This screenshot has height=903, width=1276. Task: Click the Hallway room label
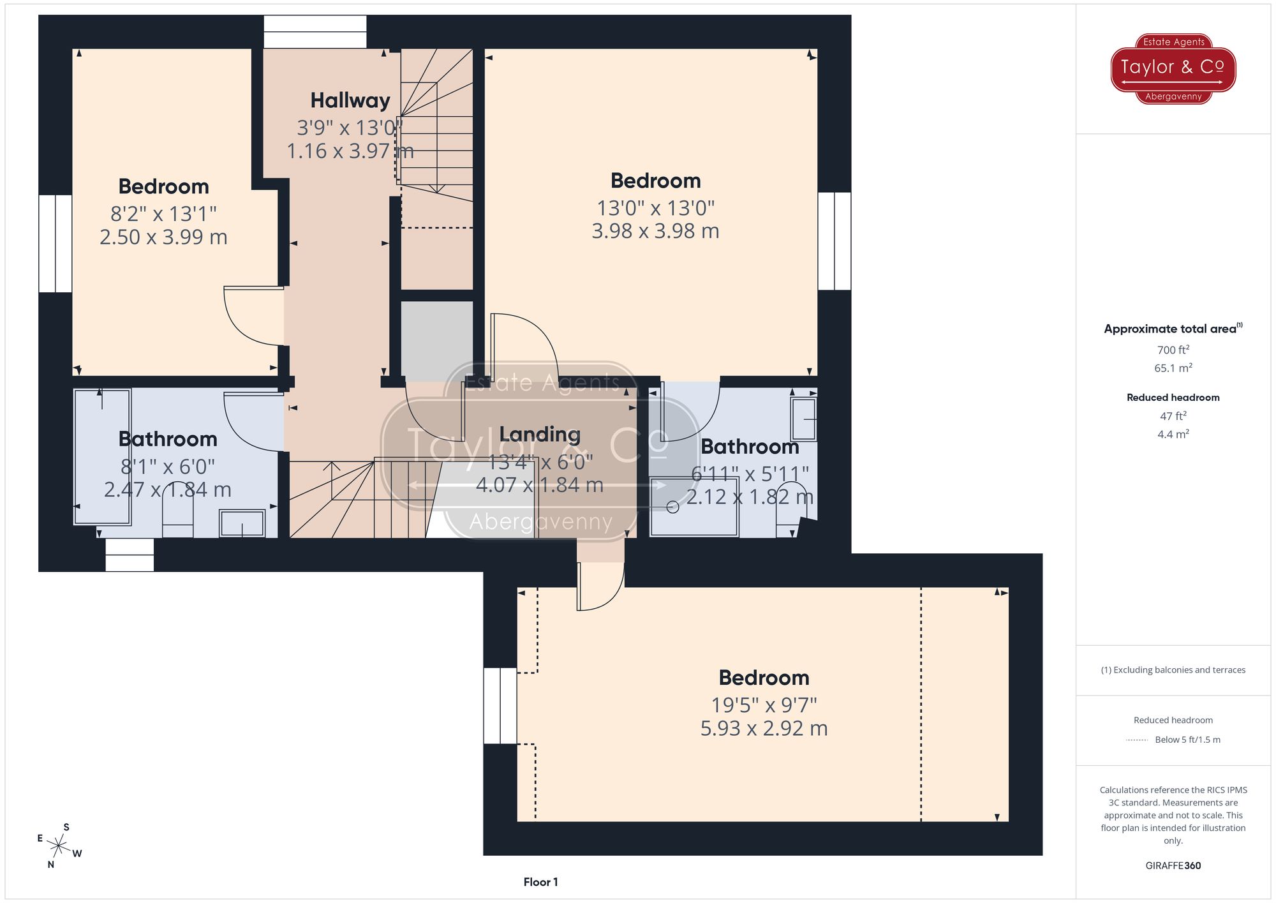click(350, 101)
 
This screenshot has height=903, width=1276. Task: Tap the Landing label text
click(540, 435)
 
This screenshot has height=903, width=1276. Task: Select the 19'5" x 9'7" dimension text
click(764, 705)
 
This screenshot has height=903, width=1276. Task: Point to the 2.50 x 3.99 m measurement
click(163, 237)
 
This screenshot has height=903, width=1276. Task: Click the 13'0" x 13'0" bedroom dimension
click(655, 208)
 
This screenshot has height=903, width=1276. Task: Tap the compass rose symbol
click(59, 847)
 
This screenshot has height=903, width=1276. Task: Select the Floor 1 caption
click(540, 882)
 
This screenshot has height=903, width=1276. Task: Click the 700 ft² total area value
click(1173, 350)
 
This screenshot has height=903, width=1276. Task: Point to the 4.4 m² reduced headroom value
click(1173, 435)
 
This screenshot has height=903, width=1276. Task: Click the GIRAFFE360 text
click(1173, 866)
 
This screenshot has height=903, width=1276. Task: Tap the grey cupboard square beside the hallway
click(436, 341)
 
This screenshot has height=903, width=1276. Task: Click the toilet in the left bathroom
click(178, 511)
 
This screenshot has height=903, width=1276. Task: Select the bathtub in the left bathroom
click(102, 456)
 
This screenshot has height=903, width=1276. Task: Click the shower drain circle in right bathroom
click(672, 507)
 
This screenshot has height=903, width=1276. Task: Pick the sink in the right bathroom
click(803, 419)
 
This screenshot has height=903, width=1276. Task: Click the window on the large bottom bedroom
click(500, 705)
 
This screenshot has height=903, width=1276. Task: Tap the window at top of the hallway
click(315, 31)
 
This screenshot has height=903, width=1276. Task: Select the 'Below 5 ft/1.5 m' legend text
click(1187, 740)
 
